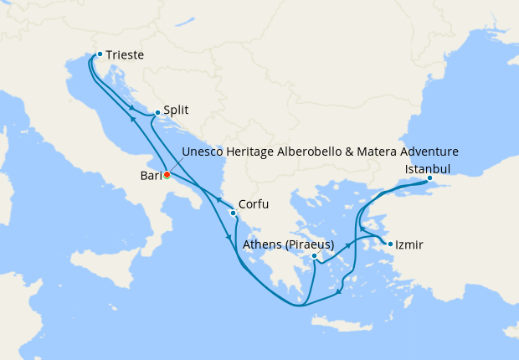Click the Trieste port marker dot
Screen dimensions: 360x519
coord(100,54)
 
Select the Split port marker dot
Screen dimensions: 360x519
coord(157,112)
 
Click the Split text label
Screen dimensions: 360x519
coord(176,110)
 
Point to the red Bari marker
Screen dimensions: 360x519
coord(167,175)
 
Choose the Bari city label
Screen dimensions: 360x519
coord(151,175)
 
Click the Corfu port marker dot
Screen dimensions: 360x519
coord(233,213)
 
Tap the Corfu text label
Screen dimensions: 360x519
coord(254,203)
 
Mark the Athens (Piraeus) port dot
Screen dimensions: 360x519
coord(314,256)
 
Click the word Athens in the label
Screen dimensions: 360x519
coord(260,244)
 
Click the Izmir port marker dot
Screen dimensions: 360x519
coord(389,244)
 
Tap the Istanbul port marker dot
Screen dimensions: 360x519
coord(429,178)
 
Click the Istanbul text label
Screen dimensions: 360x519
coord(428,168)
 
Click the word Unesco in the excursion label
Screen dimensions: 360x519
coord(203,152)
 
